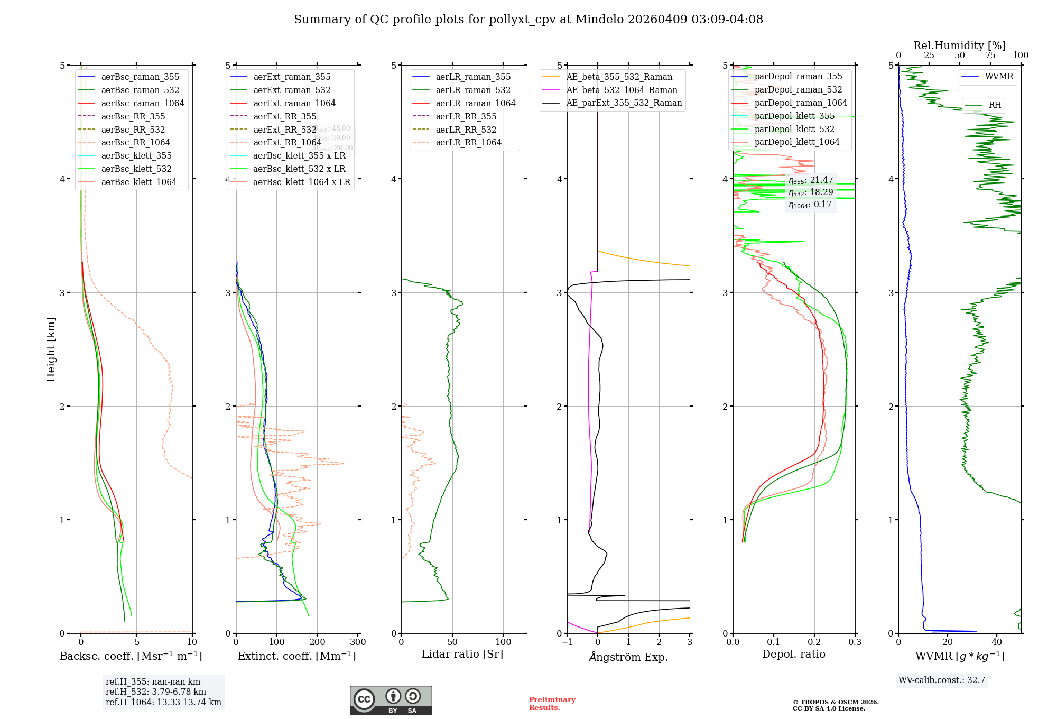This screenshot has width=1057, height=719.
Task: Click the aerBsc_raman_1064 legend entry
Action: pos(142,103)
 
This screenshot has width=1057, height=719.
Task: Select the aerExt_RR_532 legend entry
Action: pos(284,130)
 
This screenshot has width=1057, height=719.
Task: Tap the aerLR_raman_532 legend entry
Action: pos(473,90)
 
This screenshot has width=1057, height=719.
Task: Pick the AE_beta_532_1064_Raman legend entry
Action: pos(622,90)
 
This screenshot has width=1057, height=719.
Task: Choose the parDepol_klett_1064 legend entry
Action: pos(797,142)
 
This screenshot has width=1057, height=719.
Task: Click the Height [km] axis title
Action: pos(51,349)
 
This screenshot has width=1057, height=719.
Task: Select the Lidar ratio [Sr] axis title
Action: pos(462,654)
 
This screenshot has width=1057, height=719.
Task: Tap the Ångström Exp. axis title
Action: pos(628,657)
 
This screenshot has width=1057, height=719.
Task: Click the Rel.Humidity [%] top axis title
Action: pos(959,45)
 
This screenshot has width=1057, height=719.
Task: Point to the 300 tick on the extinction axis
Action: pos(358,642)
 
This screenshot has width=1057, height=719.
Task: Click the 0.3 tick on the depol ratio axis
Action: pos(855,642)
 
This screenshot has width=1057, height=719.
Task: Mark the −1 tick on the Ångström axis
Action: pos(567,642)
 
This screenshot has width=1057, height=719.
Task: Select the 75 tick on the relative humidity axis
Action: pos(990,56)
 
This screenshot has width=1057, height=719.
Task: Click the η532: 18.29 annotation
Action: pos(811,192)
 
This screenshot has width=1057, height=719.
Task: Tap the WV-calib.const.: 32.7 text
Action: pos(942,680)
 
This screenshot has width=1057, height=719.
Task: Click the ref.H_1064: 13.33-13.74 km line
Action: pos(163,702)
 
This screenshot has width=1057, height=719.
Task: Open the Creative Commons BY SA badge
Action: pos(391,700)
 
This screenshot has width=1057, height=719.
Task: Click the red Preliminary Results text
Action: pos(552,703)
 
